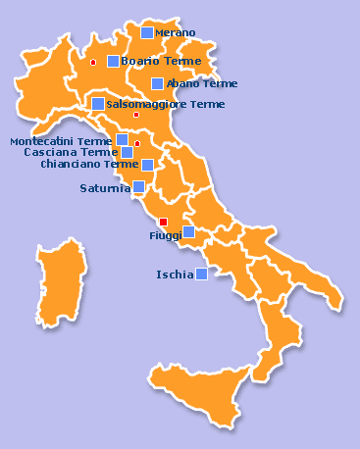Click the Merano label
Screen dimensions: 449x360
point(176,33)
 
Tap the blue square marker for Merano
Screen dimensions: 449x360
point(147,32)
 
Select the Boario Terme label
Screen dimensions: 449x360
point(161,61)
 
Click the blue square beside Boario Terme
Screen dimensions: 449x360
point(113,61)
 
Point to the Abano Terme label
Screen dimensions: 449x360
point(202,84)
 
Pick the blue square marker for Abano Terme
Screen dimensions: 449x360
point(157,83)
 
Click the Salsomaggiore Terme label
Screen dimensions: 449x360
point(165,104)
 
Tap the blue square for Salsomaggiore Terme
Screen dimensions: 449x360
point(97,103)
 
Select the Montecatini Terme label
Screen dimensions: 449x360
point(61,141)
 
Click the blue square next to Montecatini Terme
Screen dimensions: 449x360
point(122,139)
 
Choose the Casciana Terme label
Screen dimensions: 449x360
point(71,153)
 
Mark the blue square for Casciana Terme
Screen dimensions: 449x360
point(127,152)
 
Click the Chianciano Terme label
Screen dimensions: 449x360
point(89,165)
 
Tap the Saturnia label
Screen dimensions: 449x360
point(105,188)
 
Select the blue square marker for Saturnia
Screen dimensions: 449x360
point(138,186)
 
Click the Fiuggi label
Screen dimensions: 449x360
point(165,236)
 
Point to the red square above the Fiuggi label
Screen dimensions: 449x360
point(163,221)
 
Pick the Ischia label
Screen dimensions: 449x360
point(175,274)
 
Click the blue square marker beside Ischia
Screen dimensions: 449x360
point(201,274)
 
